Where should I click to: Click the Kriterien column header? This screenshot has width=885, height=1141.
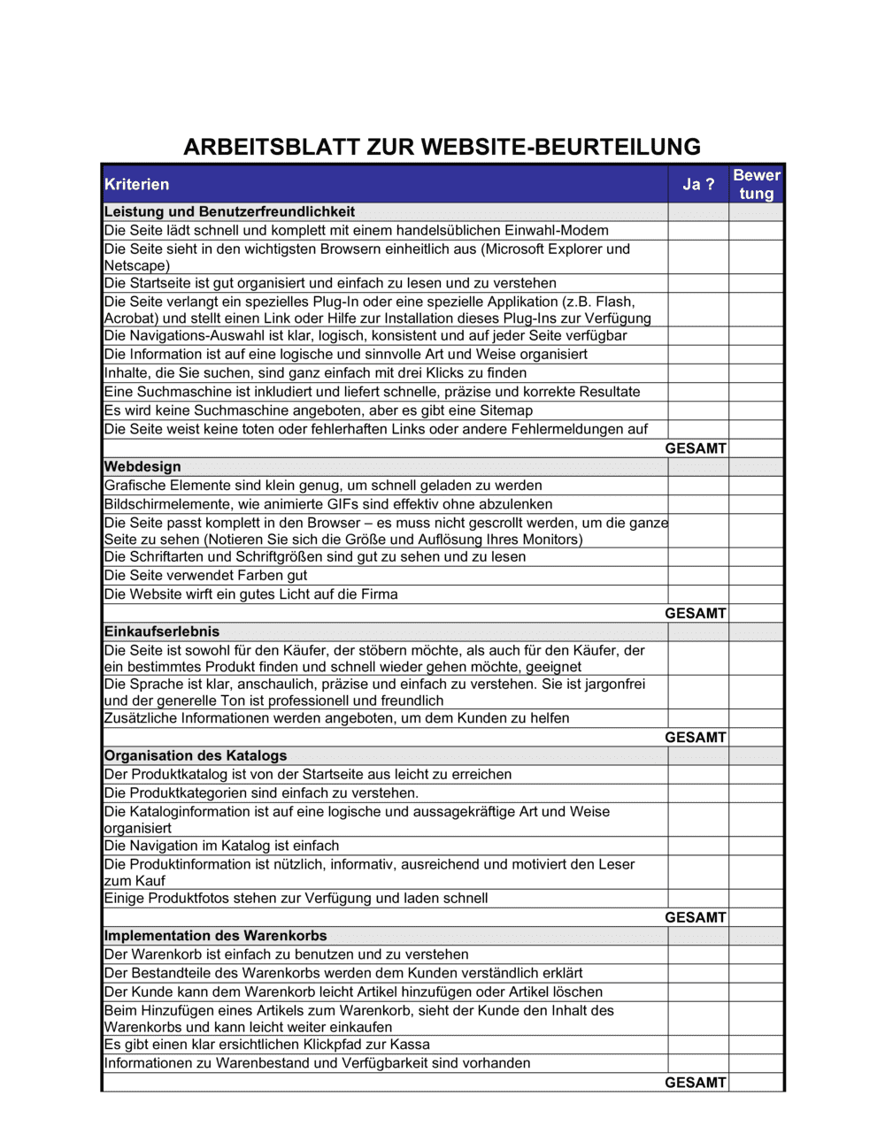[x=136, y=184]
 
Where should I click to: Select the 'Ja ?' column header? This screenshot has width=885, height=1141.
[x=697, y=184]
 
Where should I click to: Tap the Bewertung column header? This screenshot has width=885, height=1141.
[x=757, y=184]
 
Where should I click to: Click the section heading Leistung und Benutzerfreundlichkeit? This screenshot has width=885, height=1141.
[x=229, y=211]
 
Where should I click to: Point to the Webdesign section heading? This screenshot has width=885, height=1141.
[x=142, y=466]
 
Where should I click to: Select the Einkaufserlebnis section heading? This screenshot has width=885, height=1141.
[x=162, y=632]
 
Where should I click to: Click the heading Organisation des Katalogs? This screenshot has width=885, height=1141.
[x=196, y=755]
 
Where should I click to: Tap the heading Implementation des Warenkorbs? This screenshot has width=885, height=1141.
[x=215, y=935]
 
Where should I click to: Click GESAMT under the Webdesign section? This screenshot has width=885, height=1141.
[x=696, y=613]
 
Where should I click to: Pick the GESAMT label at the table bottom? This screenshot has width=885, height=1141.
[x=696, y=1082]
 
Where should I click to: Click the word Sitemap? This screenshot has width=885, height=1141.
[x=505, y=410]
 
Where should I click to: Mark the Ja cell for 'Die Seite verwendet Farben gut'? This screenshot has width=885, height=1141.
[x=698, y=576]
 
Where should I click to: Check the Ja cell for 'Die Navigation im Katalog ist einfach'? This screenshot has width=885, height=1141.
[x=698, y=846]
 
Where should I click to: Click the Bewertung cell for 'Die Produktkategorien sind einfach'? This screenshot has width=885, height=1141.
[x=757, y=793]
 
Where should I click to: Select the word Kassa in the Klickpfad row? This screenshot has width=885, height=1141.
[x=409, y=1044]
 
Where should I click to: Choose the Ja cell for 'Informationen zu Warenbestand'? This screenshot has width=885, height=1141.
[x=698, y=1063]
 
